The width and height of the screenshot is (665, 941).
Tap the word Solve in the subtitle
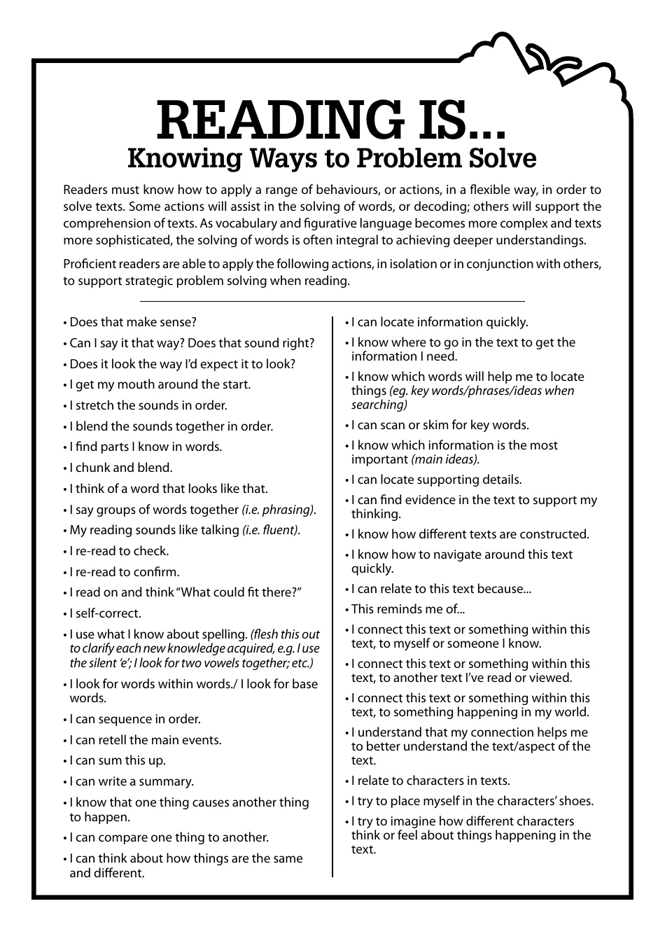(x=503, y=158)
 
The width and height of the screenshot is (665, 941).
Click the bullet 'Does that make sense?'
(x=133, y=322)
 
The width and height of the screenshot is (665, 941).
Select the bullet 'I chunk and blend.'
(x=120, y=468)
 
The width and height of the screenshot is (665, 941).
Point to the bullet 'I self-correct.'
(x=105, y=613)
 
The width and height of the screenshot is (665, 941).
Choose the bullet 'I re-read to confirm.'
(x=124, y=572)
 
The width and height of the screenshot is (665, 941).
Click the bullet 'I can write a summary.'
(x=132, y=781)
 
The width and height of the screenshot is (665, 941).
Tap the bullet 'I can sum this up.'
(x=118, y=760)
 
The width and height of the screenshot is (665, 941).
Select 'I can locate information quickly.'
(x=440, y=322)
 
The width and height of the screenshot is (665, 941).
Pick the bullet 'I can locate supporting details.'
(x=436, y=480)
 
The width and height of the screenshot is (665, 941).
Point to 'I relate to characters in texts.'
(x=430, y=781)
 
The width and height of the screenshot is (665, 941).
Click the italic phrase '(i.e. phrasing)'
(x=279, y=510)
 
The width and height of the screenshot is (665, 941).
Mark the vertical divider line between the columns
(x=333, y=595)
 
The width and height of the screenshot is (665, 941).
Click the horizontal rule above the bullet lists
(x=332, y=302)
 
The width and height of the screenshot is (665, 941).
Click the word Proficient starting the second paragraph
(x=89, y=264)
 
